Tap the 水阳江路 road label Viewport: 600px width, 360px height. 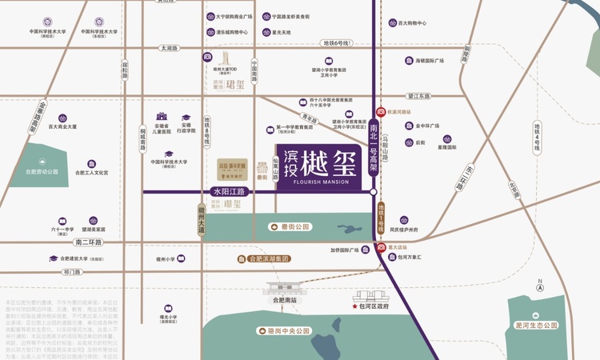point(229,192)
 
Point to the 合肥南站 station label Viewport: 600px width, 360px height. point(282,300)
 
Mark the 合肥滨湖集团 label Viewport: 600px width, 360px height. point(269,259)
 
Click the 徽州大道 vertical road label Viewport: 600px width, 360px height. point(202,217)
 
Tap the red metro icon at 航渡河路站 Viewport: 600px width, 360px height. point(381,113)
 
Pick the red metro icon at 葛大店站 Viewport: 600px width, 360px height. point(381,247)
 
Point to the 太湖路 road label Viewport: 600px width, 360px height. point(169,48)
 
